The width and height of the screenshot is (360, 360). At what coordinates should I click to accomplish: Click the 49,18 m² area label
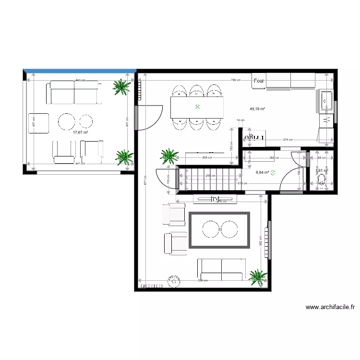(257, 109)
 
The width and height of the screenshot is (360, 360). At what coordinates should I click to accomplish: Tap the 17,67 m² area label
(80, 132)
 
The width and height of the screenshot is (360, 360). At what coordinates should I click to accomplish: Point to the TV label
(215, 199)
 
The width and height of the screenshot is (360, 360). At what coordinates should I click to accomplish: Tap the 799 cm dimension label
(235, 80)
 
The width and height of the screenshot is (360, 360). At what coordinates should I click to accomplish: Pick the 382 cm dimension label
(261, 240)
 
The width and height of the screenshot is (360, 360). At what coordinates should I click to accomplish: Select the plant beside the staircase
(169, 156)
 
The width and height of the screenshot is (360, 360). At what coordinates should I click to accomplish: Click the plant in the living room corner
(258, 276)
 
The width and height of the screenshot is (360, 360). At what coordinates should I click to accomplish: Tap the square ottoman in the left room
(39, 123)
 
